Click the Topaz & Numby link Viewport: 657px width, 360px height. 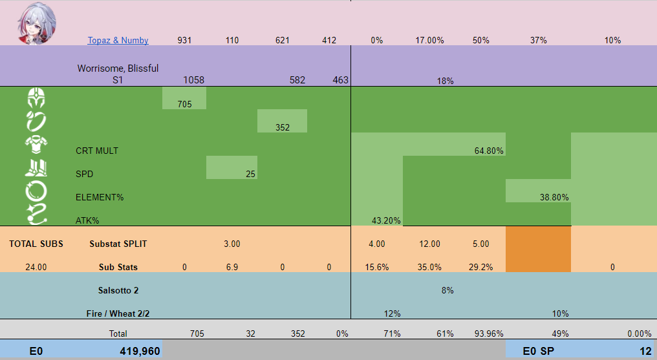tap(118, 40)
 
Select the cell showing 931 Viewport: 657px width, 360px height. tap(184, 40)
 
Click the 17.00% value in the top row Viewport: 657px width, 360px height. tap(429, 40)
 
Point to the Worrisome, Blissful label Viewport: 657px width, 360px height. tap(118, 68)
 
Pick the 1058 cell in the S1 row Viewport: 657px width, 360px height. tap(193, 80)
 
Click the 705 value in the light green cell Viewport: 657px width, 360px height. tap(184, 104)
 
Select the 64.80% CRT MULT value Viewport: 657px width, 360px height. tap(489, 151)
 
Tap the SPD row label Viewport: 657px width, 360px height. tap(85, 174)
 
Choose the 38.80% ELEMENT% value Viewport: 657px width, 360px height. tap(554, 197)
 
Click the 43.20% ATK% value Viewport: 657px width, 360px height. tap(386, 220)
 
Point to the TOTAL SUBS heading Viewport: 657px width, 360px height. tap(36, 244)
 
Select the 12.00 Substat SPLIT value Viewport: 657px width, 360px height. tap(429, 244)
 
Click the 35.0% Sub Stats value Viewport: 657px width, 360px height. tap(429, 267)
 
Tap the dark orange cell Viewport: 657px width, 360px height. tap(538, 249)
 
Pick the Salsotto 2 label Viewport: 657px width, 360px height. tap(118, 290)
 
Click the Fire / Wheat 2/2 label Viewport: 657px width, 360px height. tap(118, 313)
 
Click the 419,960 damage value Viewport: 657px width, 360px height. tap(139, 352)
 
